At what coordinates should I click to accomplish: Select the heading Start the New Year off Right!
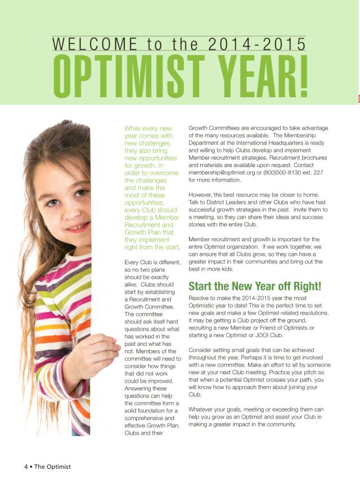[x=255, y=285]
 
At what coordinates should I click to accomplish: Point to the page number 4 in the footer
[x=26, y=467]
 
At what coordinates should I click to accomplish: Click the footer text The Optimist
[x=53, y=467]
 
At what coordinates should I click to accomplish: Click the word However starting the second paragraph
[x=203, y=195]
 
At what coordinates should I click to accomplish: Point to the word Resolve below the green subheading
[x=201, y=299]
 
